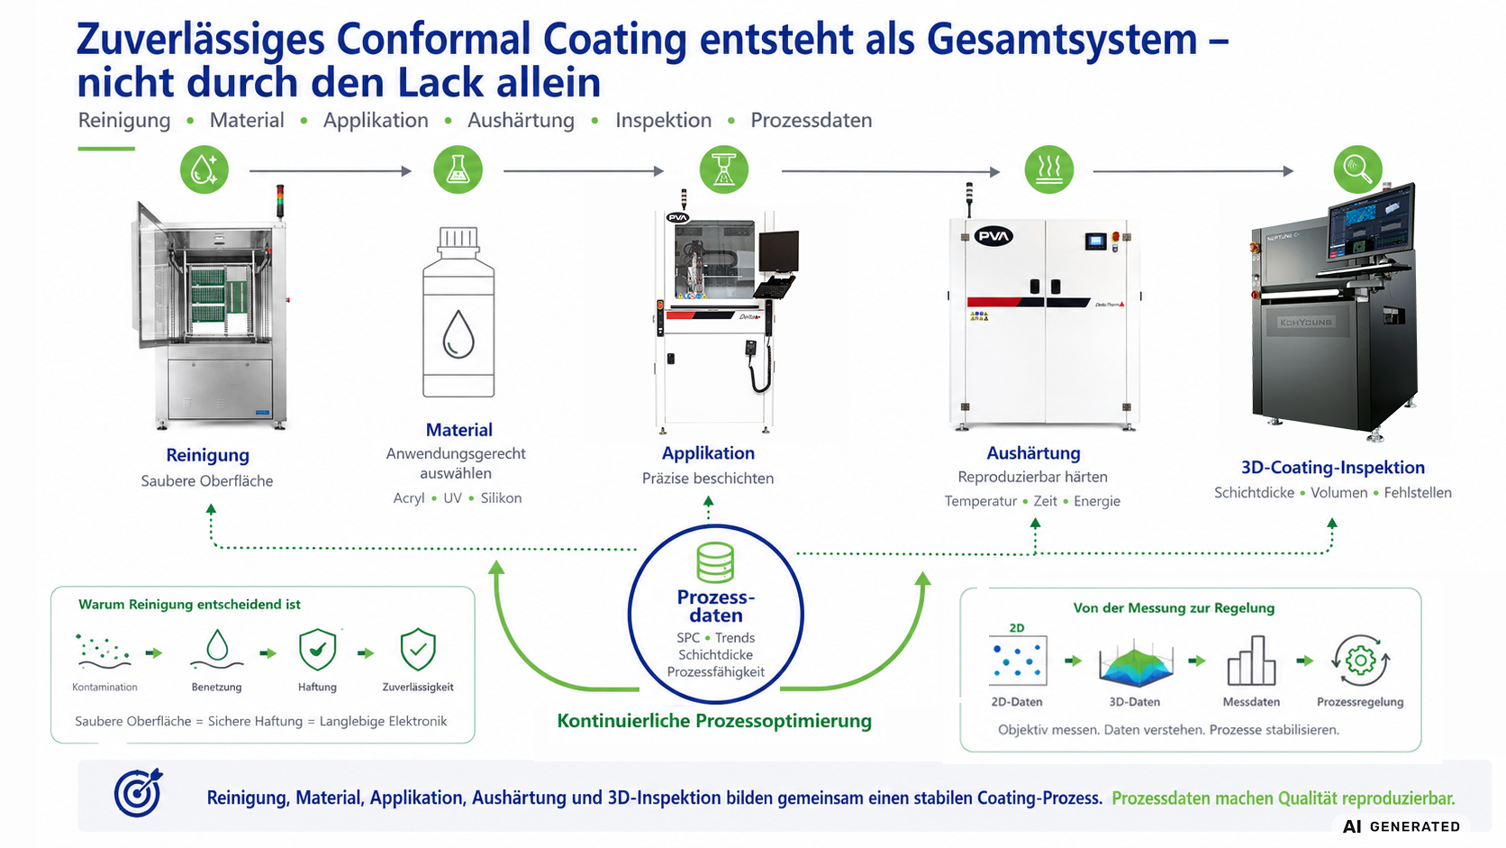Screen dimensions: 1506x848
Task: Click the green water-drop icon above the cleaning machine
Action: click(x=204, y=169)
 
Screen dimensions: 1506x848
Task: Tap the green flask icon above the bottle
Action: click(x=458, y=169)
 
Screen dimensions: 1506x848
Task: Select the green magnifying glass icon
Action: click(x=1358, y=169)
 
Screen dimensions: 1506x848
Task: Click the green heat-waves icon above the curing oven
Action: click(x=1048, y=169)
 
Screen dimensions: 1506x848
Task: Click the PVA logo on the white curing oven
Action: click(x=993, y=236)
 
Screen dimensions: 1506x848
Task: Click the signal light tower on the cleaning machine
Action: click(x=280, y=200)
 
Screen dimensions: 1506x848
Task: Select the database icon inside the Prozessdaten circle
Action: click(x=715, y=562)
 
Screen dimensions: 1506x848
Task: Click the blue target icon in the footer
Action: click(x=138, y=793)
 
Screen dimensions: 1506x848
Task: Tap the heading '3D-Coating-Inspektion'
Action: click(x=1332, y=468)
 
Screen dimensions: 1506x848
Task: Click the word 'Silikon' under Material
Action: click(x=501, y=498)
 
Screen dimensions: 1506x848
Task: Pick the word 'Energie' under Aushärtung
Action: click(x=1096, y=502)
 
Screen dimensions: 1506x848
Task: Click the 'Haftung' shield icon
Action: click(x=317, y=650)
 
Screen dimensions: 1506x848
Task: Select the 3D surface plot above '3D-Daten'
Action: click(x=1135, y=663)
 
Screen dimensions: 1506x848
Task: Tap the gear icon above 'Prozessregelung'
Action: click(x=1361, y=661)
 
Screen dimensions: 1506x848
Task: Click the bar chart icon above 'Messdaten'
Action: click(x=1251, y=661)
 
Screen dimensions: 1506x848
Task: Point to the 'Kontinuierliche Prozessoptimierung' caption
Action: click(x=714, y=721)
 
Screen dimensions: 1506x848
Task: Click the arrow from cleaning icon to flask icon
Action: click(x=330, y=171)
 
